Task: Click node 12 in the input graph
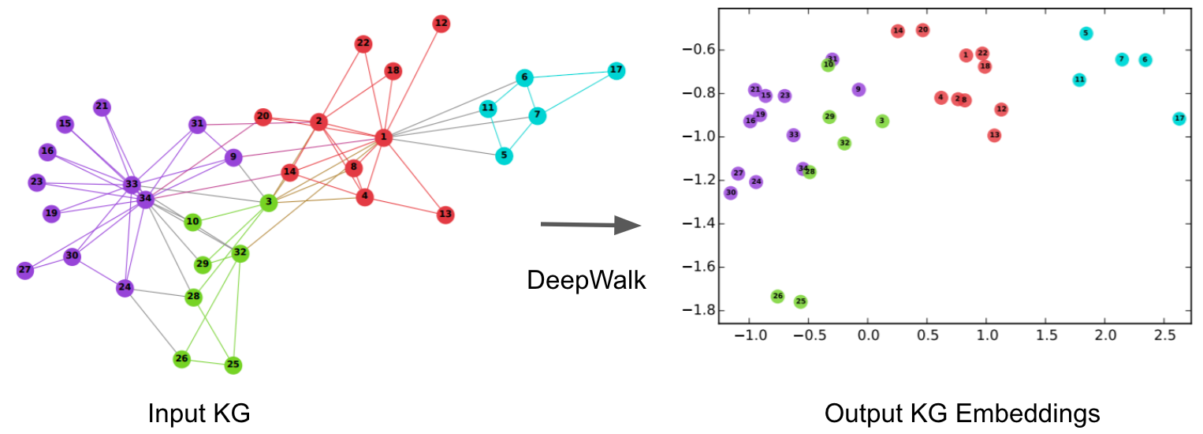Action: tap(441, 24)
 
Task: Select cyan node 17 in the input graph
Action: tap(616, 71)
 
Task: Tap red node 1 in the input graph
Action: tap(383, 137)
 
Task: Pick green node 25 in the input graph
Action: tap(233, 365)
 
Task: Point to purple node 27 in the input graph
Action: tap(25, 270)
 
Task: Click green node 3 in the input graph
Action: tap(269, 203)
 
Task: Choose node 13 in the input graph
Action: tap(445, 214)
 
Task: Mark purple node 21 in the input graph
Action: tap(102, 107)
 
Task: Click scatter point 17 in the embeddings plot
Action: tap(1179, 118)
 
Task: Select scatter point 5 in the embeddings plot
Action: tap(1086, 33)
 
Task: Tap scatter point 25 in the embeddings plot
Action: tap(801, 301)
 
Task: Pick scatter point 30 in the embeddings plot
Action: tap(731, 193)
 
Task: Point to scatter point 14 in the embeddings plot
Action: tap(898, 31)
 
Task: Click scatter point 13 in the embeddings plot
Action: tap(994, 135)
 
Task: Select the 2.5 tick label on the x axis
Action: tap(1164, 335)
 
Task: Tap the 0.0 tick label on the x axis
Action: tap(868, 335)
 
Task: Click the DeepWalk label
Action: tap(586, 279)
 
